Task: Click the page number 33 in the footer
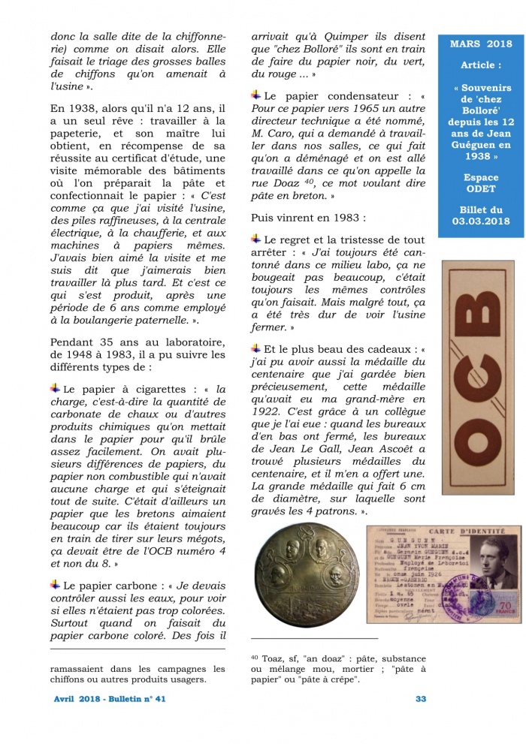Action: [421, 699]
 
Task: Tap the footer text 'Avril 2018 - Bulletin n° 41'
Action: [110, 699]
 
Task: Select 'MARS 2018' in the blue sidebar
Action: [480, 44]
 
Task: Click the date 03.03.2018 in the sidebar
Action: [480, 221]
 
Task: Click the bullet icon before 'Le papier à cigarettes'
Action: [56, 388]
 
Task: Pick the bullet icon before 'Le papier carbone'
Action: [56, 583]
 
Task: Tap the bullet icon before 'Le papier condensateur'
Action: [256, 95]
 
